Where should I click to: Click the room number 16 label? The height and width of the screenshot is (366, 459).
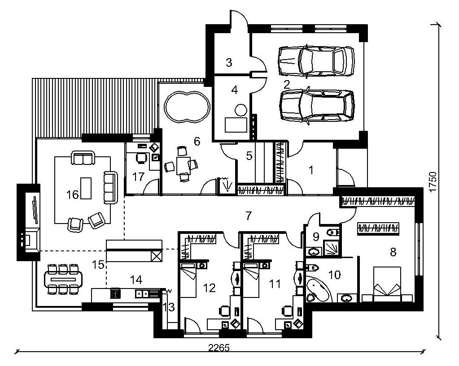coord(73,194)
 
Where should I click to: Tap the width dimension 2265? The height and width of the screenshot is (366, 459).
coord(219,348)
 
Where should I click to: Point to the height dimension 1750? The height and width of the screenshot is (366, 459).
coord(433,182)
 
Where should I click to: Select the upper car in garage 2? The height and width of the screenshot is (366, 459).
coord(316,61)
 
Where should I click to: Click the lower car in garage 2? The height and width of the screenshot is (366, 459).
coord(317,106)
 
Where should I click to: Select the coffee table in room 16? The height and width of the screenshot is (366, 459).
coord(86,188)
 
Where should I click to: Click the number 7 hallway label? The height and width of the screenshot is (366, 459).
coord(248,216)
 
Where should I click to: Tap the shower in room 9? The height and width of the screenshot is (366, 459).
coord(332,248)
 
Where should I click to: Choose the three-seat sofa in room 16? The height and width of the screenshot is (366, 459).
coord(111,188)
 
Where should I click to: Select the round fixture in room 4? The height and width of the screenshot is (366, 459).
coord(241,110)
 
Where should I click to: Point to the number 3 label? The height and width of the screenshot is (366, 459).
coord(229,62)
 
